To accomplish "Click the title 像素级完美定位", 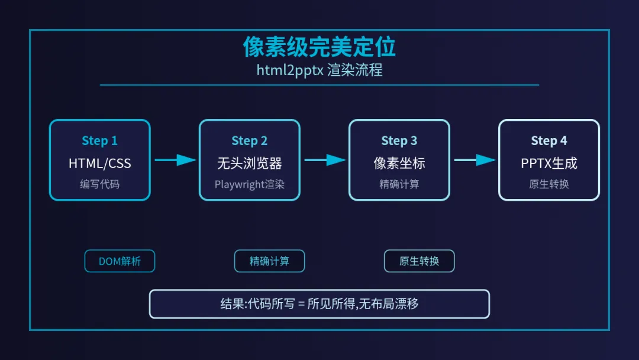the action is pos(319,47).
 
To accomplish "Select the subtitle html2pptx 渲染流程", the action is pos(319,70).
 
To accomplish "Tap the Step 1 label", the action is pos(99,141).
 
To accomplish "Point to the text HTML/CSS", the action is pos(99,163).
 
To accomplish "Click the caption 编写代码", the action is pos(99,184).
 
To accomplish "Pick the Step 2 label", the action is pos(249,141).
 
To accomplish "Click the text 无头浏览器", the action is pos(249,163).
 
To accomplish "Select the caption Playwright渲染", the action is pos(249,184).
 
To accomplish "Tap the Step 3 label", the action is pos(399,141).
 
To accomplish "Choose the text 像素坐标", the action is pos(399,163).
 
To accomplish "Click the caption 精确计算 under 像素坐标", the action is pos(399,184).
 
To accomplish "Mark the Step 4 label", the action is pos(548,141).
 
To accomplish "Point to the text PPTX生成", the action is pos(548,163).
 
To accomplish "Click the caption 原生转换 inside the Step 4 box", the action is pos(548,184).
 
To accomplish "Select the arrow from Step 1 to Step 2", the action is pos(175,160).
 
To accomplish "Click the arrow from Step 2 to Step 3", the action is pos(325,160).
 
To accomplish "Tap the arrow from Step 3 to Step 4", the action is pos(475,160).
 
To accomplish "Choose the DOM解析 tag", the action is pos(120,261).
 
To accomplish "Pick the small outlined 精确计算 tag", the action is pos(269,261).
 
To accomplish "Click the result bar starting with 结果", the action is pos(319,304).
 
